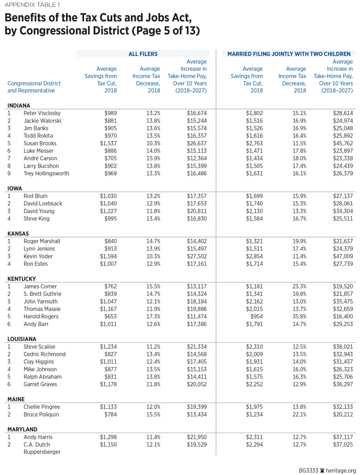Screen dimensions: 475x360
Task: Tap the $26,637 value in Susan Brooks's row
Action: pos(194,143)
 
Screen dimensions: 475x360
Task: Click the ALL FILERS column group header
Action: pos(143,54)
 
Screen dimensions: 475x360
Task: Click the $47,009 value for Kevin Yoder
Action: pos(340,256)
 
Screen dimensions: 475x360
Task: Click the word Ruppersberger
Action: pos(43,452)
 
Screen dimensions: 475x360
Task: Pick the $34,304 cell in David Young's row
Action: pos(340,211)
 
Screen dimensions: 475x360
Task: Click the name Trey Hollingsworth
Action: pos(46,173)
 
